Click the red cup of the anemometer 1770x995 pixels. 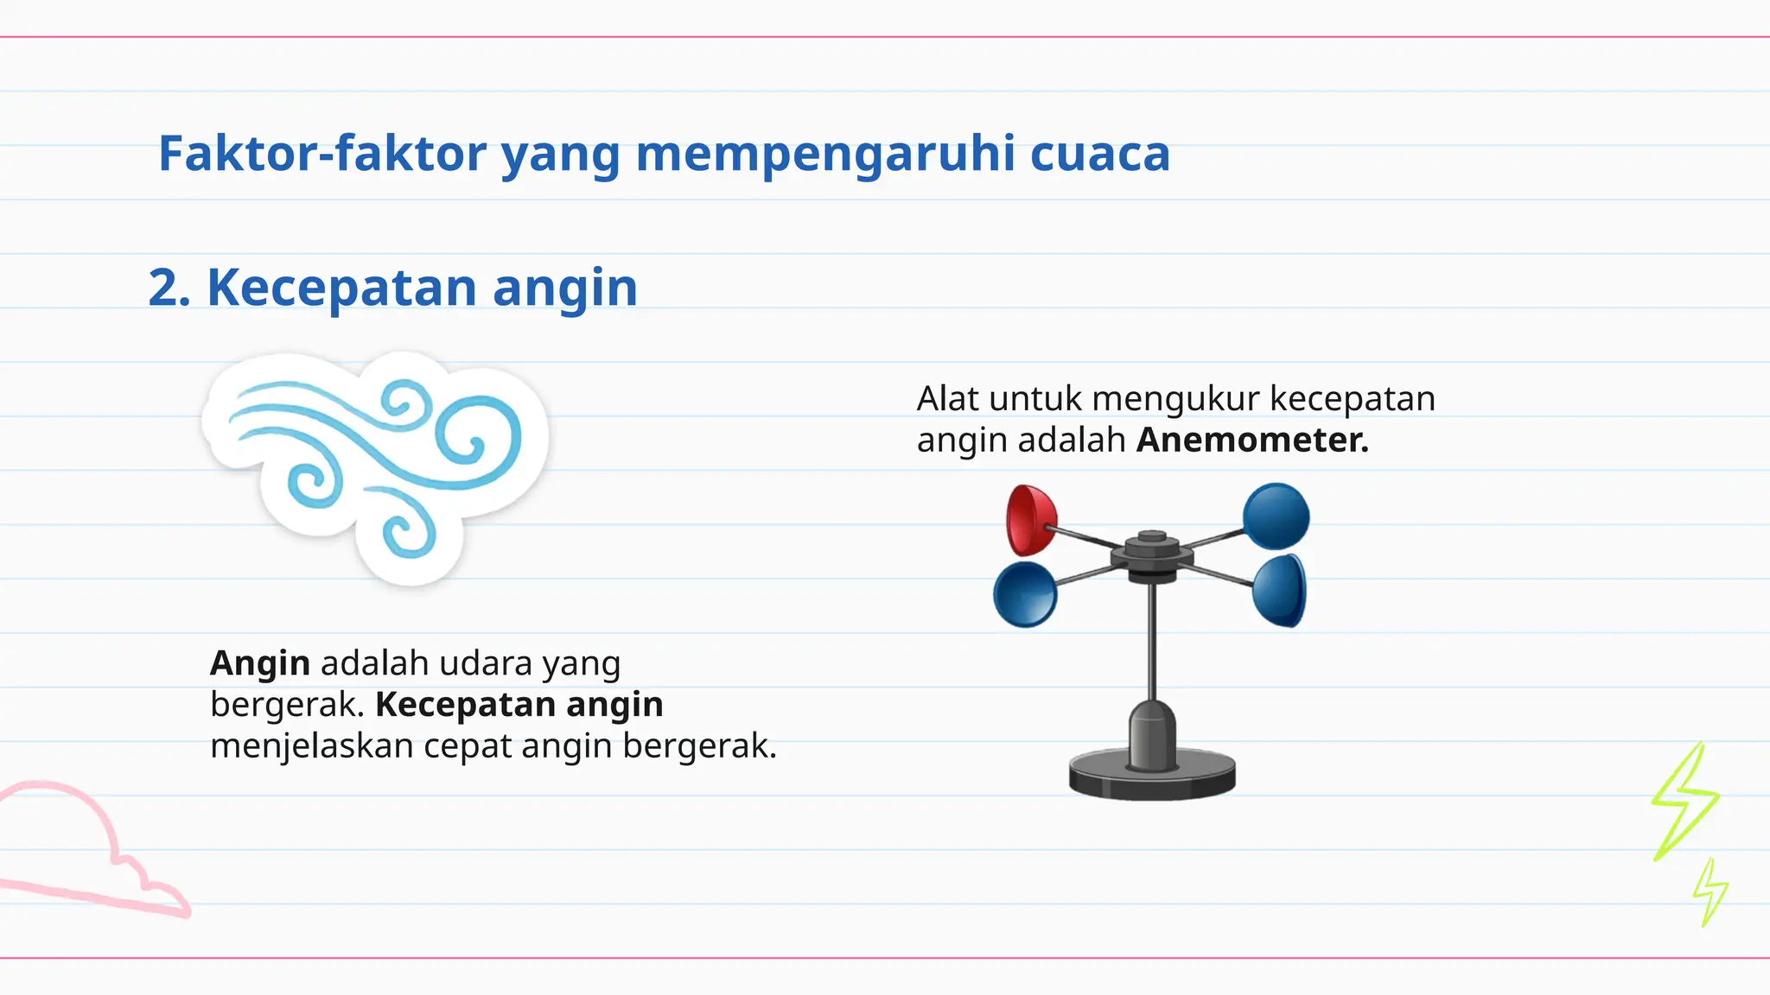[1029, 520]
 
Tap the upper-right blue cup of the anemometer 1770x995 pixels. [1276, 517]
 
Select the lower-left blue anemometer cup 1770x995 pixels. [1025, 594]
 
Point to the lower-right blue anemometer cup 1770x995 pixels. [1279, 591]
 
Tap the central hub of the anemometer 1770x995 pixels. [1152, 557]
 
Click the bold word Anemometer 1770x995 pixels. [1252, 440]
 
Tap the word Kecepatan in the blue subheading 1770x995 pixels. [341, 288]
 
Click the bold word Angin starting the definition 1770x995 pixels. [260, 663]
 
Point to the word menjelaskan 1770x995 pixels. [312, 746]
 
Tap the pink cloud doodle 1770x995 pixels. [95, 855]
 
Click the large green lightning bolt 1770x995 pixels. [1684, 799]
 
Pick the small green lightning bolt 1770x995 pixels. [1710, 892]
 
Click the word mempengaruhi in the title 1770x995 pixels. [825, 154]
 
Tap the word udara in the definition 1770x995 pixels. [485, 663]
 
